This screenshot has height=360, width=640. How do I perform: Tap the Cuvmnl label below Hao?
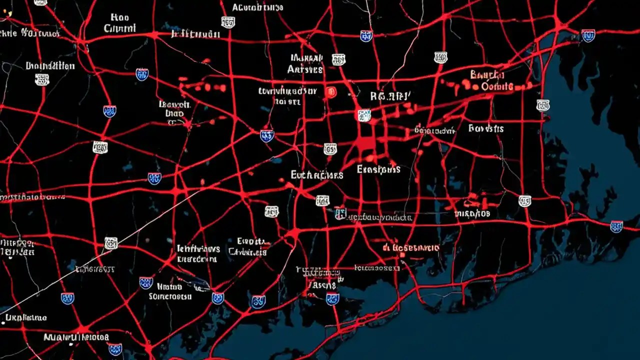point(119,28)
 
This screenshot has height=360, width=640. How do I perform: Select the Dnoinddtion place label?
point(50,66)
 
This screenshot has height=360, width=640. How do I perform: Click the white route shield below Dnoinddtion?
point(42,79)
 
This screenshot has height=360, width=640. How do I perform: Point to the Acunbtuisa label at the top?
point(257,7)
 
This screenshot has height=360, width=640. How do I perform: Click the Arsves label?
point(305,70)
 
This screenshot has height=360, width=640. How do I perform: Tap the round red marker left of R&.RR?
point(330,92)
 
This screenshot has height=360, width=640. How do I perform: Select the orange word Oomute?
point(497,86)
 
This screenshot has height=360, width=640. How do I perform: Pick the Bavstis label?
point(485,128)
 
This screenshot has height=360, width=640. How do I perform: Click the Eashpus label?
point(378,169)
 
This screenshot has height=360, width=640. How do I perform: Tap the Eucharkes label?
point(316,175)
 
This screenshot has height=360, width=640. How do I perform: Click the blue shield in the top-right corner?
point(588,35)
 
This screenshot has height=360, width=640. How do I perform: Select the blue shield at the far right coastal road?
point(616,226)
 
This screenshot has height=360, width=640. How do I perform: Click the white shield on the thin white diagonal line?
point(111,243)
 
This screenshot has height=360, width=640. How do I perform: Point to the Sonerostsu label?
point(170,296)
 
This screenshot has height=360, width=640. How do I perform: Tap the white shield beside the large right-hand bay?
point(543,105)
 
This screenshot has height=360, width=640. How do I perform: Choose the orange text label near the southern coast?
point(411,248)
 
